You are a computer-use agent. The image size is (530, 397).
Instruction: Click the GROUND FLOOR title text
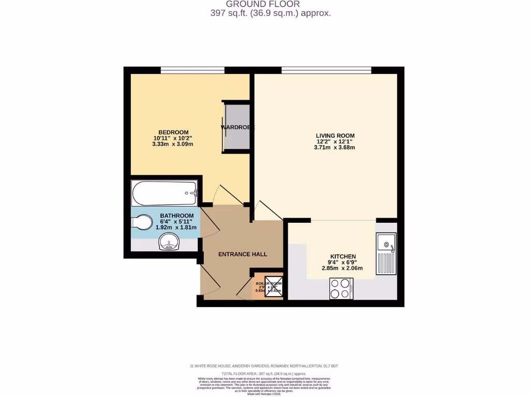click(x=270, y=4)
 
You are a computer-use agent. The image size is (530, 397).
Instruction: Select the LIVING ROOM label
click(x=335, y=136)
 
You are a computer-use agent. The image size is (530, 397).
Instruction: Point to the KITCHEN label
click(x=343, y=256)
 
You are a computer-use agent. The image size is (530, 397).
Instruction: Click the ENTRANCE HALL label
click(x=243, y=254)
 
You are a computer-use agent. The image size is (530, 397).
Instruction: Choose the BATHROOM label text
click(x=176, y=216)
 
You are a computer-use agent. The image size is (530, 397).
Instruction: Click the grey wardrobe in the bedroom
click(x=237, y=127)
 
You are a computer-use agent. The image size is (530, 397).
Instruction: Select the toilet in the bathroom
click(x=142, y=222)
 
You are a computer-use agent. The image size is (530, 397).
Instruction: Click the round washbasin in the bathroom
click(x=169, y=241)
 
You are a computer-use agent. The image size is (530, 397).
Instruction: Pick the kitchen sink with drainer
click(x=386, y=253)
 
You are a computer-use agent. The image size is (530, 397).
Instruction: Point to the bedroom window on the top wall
click(x=192, y=70)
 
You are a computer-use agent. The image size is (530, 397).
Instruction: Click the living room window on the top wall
click(x=326, y=70)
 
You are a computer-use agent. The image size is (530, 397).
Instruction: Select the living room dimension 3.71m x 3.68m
click(x=334, y=148)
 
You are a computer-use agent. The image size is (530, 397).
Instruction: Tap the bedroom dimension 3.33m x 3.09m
click(x=172, y=144)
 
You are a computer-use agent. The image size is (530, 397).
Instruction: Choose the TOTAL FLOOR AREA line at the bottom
click(x=264, y=373)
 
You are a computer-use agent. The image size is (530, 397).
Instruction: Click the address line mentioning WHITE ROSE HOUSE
click(x=264, y=366)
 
